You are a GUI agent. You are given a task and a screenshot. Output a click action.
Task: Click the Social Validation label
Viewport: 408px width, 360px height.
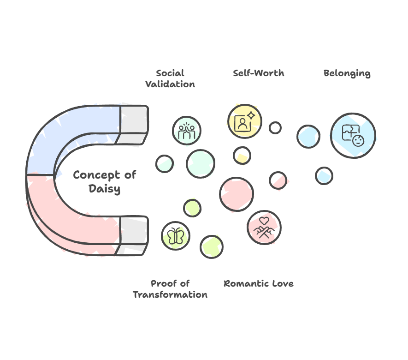point(170,78)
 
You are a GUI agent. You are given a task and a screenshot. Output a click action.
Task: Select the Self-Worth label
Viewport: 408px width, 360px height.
point(258,73)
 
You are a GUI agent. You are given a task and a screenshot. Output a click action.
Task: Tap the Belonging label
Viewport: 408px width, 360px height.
point(347,73)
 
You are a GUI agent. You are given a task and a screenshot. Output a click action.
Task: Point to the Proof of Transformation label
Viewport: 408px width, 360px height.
point(170,289)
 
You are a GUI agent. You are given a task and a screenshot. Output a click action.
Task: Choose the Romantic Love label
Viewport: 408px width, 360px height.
point(258,283)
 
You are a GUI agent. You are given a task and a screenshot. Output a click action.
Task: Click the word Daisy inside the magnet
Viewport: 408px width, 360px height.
point(105,188)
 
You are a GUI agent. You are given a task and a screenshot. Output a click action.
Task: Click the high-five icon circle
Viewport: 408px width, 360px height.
point(187,131)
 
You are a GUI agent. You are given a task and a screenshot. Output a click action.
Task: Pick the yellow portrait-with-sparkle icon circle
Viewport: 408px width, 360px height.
point(244,121)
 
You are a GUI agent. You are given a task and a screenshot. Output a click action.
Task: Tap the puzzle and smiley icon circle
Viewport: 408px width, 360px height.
point(353,135)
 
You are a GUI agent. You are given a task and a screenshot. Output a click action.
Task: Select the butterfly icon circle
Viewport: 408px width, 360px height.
point(176,236)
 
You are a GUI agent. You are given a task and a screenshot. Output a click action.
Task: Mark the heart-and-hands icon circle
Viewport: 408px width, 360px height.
point(264,227)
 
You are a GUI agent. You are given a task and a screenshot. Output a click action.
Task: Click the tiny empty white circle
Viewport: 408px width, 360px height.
point(275,128)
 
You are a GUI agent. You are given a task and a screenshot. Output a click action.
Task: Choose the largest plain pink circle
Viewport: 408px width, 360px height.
point(237,194)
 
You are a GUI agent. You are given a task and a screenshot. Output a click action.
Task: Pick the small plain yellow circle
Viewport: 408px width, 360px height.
point(242,155)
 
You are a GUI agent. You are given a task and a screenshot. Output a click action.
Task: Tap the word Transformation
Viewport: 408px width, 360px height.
point(170,294)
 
